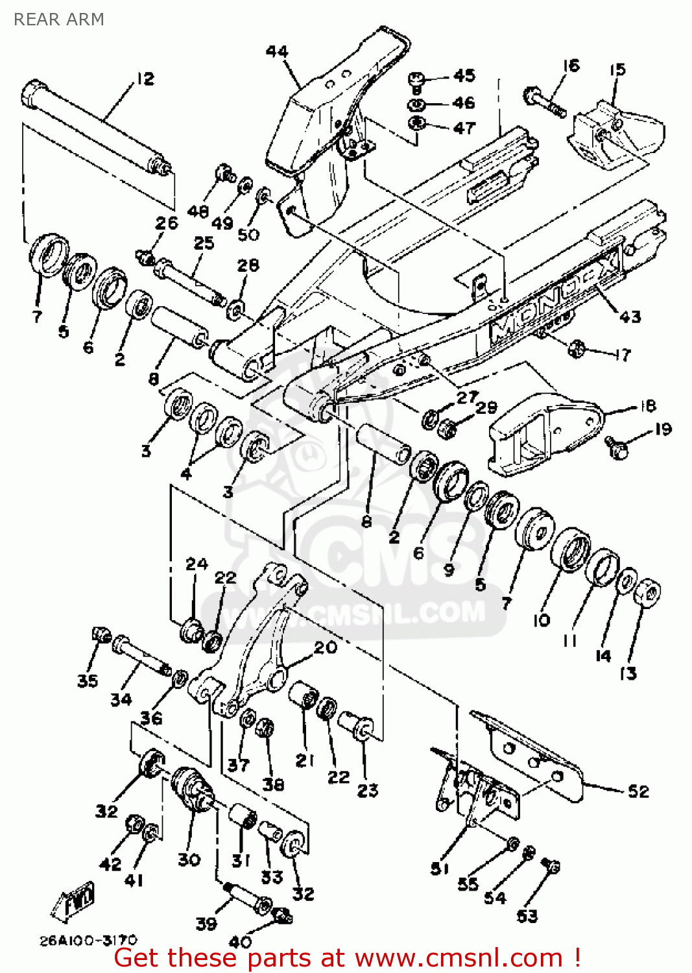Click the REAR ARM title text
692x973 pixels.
[x=58, y=19]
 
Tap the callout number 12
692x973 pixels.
[x=145, y=78]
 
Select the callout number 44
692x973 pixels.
[x=277, y=51]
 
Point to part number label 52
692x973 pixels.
[x=638, y=791]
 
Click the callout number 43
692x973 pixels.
[x=630, y=317]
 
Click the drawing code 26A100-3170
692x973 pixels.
[x=89, y=940]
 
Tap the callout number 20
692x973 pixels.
[x=326, y=647]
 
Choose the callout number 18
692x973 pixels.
[x=647, y=406]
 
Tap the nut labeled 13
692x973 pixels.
[x=647, y=592]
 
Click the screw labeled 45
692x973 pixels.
[x=416, y=81]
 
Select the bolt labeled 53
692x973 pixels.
[x=551, y=866]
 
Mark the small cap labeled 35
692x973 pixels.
[x=102, y=634]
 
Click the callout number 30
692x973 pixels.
[x=189, y=859]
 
